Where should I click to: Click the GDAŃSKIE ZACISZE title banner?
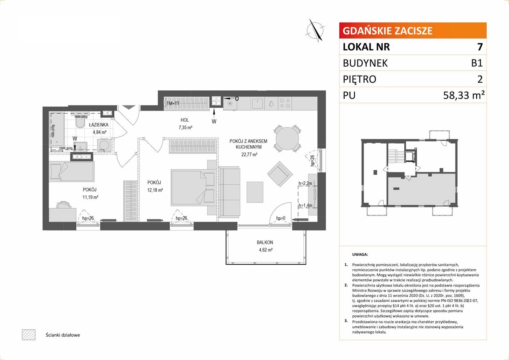[413, 30]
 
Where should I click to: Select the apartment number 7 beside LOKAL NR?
[479, 47]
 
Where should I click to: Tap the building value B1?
[477, 63]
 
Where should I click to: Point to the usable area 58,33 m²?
[463, 95]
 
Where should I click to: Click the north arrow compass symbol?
[315, 30]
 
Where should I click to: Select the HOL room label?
[184, 120]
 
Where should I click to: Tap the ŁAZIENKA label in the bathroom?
[99, 125]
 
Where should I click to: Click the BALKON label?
[265, 242]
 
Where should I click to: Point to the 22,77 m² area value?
[249, 154]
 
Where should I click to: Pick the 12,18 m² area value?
[155, 190]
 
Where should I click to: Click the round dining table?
[287, 138]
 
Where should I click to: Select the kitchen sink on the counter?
[257, 104]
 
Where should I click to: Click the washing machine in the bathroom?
[104, 145]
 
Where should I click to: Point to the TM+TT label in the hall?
[173, 104]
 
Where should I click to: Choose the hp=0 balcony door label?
[281, 218]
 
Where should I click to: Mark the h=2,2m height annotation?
[305, 183]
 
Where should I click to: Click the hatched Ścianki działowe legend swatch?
[29, 335]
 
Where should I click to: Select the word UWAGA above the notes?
[360, 254]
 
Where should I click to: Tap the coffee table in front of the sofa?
[255, 192]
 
